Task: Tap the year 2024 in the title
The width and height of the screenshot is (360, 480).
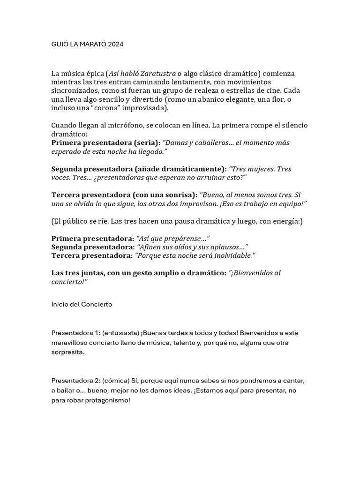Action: point(115,44)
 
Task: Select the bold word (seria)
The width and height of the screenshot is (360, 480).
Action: point(147,142)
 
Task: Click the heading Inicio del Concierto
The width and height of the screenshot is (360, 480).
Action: point(82,304)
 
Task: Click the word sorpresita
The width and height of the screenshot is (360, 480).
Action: point(68,352)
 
